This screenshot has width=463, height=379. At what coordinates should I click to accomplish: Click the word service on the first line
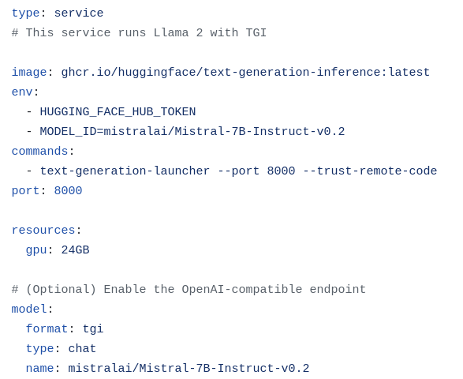79,13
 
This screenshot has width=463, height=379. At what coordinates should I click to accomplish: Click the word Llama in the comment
171,32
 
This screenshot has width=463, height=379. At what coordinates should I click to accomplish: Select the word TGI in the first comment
256,32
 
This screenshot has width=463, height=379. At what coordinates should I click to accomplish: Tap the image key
29,73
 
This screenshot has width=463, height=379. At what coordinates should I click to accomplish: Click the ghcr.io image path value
245,73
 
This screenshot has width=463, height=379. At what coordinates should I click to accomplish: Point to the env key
22,92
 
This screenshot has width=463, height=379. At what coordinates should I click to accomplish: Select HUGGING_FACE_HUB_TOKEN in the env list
118,112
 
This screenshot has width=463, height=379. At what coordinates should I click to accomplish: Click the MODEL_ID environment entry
192,132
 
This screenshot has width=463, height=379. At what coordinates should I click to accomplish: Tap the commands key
40,152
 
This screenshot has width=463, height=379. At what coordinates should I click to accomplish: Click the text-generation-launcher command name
125,171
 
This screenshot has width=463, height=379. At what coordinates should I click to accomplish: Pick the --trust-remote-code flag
370,171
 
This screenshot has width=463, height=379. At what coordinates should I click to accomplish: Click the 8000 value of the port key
68,190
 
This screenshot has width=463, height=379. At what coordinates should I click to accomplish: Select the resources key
43,231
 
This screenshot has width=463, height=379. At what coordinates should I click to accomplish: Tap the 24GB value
75,250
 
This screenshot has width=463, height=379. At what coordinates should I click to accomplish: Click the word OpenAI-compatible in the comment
242,290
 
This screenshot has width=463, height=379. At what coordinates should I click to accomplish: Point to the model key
29,310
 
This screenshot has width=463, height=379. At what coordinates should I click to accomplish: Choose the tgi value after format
93,329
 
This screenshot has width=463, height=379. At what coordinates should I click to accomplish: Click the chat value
82,349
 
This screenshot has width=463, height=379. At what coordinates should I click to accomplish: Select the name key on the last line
40,369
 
